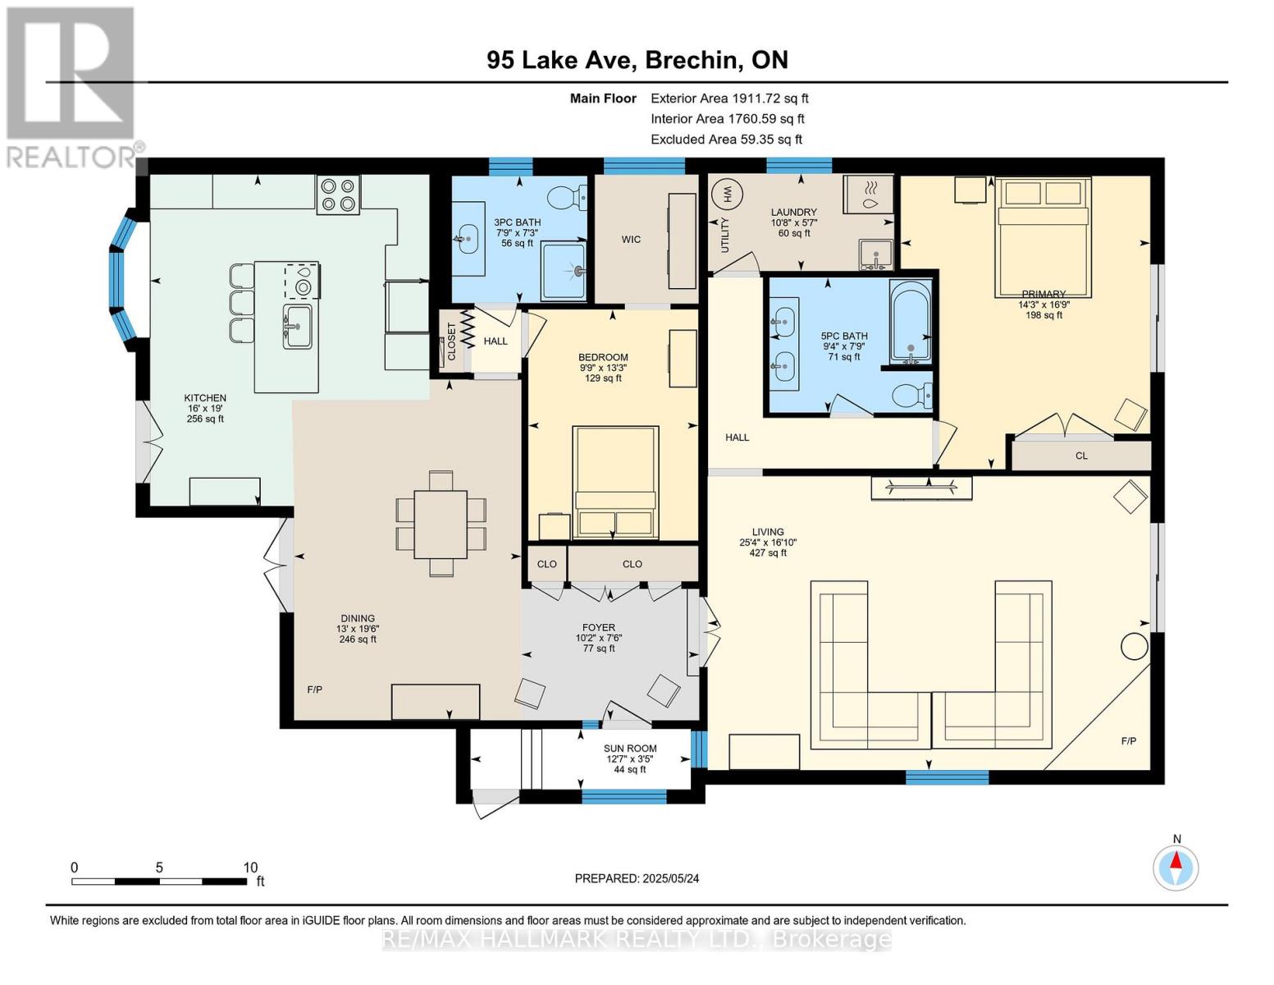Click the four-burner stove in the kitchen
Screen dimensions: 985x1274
pyautogui.click(x=338, y=195)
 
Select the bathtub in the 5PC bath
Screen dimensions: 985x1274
pyautogui.click(x=911, y=322)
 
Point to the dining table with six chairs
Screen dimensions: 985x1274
pyautogui.click(x=441, y=524)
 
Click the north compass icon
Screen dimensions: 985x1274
pyautogui.click(x=1176, y=868)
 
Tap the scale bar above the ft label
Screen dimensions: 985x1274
pyautogui.click(x=159, y=882)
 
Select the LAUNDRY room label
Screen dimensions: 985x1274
pyautogui.click(x=793, y=212)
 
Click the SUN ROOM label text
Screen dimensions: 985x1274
pyautogui.click(x=630, y=748)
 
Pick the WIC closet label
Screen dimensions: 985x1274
pyautogui.click(x=631, y=240)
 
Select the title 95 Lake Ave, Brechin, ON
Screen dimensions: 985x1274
pyautogui.click(x=637, y=60)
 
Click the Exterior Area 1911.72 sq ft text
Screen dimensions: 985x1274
pyautogui.click(x=729, y=98)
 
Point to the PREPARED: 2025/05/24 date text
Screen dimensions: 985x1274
pyautogui.click(x=637, y=878)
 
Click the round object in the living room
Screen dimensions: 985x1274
pyautogui.click(x=1135, y=647)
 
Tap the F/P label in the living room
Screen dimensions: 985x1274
pyautogui.click(x=1129, y=741)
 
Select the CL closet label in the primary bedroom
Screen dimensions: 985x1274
pyautogui.click(x=1081, y=456)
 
